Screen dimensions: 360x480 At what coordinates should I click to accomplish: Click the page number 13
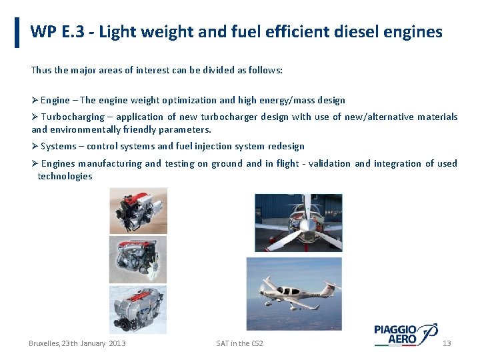447,343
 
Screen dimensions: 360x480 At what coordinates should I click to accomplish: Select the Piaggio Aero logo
405,334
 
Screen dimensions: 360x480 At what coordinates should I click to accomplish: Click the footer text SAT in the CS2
239,343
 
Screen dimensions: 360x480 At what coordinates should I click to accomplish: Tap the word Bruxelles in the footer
43,343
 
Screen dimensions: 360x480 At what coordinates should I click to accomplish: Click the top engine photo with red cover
138,210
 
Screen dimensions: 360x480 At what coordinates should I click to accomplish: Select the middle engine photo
138,259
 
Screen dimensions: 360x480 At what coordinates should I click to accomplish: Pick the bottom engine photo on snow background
138,309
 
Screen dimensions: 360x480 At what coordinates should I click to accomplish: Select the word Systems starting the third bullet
59,147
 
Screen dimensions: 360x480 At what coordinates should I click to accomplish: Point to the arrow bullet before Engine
35,101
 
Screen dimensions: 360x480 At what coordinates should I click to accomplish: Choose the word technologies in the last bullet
65,177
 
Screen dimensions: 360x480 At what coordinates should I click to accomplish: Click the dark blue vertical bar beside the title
17,33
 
